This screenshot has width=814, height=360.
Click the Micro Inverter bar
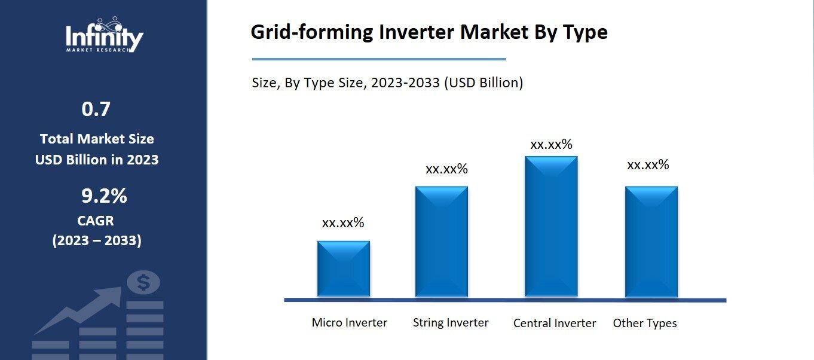click(x=344, y=269)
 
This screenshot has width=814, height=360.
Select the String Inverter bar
click(x=442, y=242)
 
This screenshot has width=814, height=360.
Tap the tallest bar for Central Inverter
click(x=551, y=227)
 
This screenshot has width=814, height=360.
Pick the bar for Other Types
click(x=651, y=242)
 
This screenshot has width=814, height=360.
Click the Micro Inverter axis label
click(x=349, y=323)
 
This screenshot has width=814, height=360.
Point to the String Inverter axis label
click(x=451, y=323)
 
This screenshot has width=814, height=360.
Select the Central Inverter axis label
click(x=555, y=324)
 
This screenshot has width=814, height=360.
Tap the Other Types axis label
click(x=645, y=324)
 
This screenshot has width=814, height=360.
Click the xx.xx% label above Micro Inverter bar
click(x=343, y=223)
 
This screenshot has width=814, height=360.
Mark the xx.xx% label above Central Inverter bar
click(x=551, y=145)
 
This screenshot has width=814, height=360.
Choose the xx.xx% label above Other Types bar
click(x=648, y=165)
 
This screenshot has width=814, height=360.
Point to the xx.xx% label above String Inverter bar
click(x=446, y=169)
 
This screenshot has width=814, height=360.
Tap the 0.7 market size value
click(x=96, y=109)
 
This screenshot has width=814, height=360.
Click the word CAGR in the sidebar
click(x=96, y=221)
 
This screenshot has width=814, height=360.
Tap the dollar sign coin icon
click(x=143, y=282)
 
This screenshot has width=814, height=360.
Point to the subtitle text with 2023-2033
click(x=387, y=83)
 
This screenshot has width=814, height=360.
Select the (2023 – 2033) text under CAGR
click(x=97, y=240)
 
